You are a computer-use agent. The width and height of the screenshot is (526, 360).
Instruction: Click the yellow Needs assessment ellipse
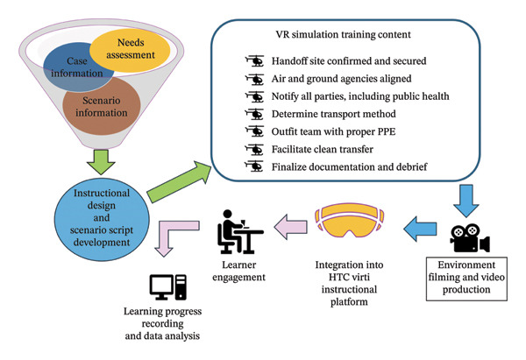[130, 50]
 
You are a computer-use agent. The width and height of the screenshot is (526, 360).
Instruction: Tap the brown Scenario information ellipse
[102, 107]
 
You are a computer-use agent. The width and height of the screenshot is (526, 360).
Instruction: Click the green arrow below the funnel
[101, 162]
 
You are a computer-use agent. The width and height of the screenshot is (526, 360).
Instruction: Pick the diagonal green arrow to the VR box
[180, 181]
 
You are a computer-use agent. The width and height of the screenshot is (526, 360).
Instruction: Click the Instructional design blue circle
[102, 219]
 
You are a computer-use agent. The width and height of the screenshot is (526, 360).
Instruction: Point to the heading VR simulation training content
[343, 34]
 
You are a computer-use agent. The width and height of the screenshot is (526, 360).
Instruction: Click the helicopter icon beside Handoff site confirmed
[254, 60]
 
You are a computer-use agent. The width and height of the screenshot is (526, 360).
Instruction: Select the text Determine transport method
[334, 114]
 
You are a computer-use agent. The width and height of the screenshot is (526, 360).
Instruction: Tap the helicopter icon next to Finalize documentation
[254, 166]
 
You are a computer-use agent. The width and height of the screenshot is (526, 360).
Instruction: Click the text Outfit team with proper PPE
[333, 131]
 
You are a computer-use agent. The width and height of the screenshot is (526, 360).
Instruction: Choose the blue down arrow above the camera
[466, 201]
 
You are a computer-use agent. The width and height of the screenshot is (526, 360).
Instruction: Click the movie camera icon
[470, 238]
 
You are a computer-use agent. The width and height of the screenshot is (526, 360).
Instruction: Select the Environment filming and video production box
[466, 279]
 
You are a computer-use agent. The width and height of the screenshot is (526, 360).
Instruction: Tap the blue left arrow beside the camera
[420, 229]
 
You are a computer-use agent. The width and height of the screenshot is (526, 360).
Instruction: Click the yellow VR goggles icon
[349, 220]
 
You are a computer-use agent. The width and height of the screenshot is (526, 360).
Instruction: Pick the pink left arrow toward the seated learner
[290, 227]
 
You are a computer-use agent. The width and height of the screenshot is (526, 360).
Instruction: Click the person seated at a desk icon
[239, 231]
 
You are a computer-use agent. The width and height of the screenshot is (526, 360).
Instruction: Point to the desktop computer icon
[167, 287]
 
